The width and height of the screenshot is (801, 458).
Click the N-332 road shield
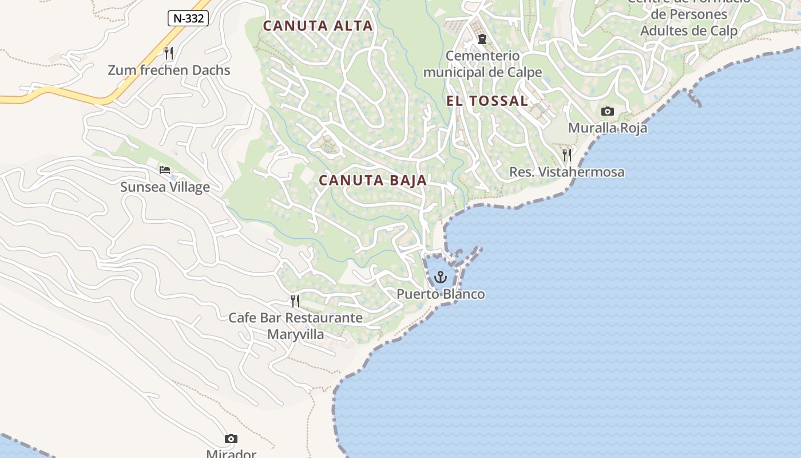[x=188, y=18]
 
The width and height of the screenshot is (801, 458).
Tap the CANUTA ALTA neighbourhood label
[x=318, y=26]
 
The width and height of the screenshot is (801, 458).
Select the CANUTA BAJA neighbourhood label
[x=372, y=180]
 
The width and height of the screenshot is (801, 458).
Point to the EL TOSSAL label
[x=487, y=101]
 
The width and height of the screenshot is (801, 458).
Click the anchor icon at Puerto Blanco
[x=440, y=278]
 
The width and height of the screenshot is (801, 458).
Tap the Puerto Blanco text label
[x=441, y=294]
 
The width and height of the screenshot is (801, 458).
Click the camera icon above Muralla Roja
[x=607, y=111]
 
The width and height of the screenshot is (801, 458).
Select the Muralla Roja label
[x=607, y=128]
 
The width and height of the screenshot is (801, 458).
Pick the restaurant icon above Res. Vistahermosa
[x=567, y=155]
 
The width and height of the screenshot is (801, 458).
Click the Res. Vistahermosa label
[x=566, y=172]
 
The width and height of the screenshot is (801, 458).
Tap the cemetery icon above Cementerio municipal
[x=482, y=40]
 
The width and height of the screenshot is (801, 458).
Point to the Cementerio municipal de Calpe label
[x=482, y=64]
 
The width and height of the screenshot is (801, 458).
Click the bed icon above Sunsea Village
[x=165, y=170]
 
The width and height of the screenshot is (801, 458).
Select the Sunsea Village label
[x=165, y=187]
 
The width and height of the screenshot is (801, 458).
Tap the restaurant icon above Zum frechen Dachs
[x=169, y=53]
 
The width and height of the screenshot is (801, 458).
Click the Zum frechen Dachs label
[x=169, y=70]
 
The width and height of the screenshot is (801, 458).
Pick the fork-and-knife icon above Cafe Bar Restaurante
[x=295, y=301]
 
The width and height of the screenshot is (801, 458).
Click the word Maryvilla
[x=295, y=334]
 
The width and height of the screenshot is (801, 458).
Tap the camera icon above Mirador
[x=231, y=439]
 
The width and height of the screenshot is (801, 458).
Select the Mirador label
[x=231, y=454]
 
